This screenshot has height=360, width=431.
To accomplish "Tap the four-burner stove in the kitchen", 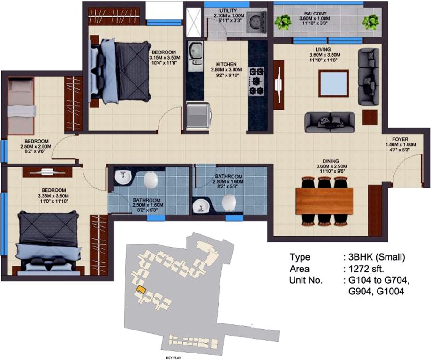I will pos(257,81).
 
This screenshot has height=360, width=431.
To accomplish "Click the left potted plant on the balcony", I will pos(283,22).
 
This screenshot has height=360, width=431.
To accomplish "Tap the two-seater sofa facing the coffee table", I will pos(330,121).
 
